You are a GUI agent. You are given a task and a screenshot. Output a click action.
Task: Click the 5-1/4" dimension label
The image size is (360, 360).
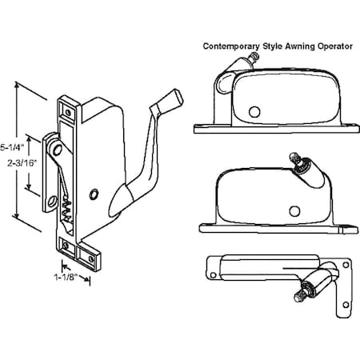[12, 146]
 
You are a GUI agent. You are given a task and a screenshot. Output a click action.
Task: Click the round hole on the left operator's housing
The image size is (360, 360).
[95, 193]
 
